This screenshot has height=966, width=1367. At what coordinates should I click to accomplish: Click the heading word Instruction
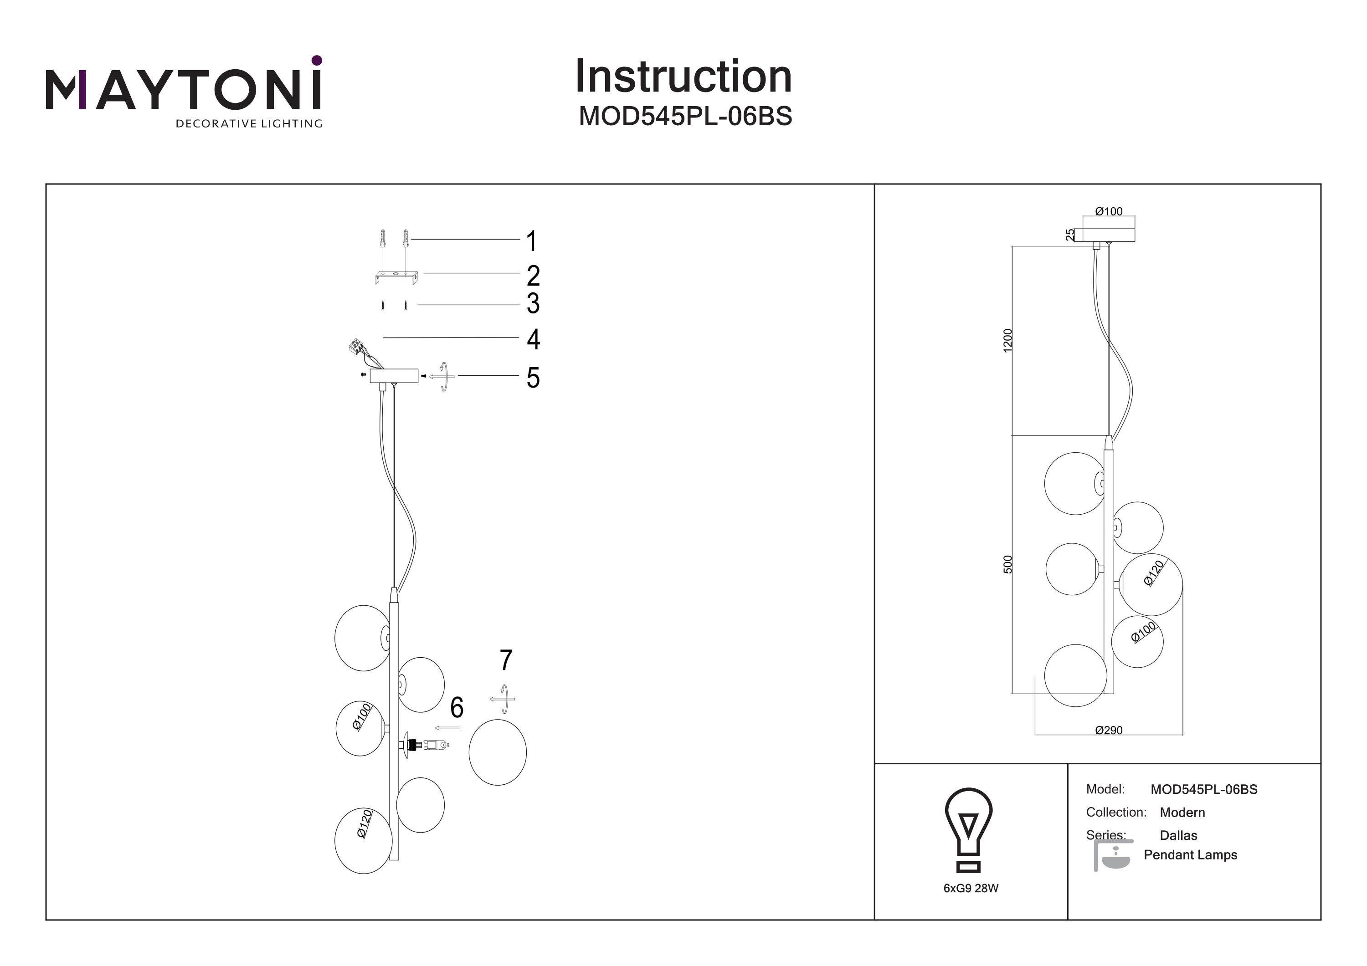(683, 77)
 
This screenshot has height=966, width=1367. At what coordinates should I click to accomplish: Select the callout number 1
(532, 241)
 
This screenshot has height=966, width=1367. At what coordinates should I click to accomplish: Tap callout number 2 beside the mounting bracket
(533, 276)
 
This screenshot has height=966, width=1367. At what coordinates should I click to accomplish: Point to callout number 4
(533, 339)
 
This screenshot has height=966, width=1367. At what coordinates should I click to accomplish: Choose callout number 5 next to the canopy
(533, 378)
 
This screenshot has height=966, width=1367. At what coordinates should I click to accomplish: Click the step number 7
(505, 660)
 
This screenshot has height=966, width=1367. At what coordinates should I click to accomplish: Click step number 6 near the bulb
(457, 707)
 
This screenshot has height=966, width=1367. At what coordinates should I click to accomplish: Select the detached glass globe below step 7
(497, 752)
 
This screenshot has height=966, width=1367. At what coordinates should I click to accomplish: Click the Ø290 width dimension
(1109, 730)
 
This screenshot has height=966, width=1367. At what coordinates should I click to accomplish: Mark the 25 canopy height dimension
(1070, 235)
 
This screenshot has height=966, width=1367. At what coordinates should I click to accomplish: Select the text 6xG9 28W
(971, 888)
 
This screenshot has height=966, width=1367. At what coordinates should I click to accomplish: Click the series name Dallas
(1178, 835)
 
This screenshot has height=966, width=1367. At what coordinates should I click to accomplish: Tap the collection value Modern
(1182, 813)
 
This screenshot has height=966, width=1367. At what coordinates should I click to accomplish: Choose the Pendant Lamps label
(1190, 855)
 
